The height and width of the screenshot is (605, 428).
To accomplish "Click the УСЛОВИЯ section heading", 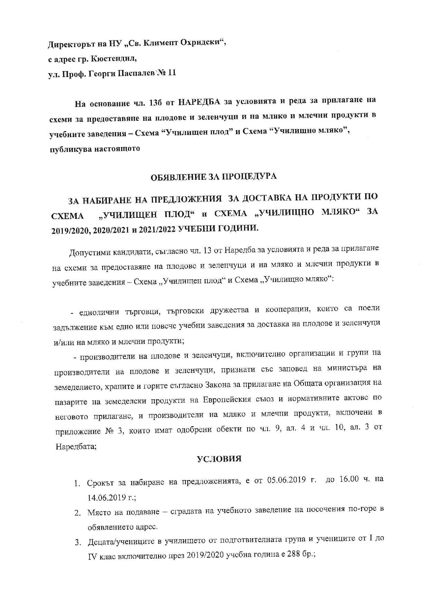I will (219, 459).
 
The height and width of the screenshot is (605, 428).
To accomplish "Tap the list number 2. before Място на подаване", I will (77, 513).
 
